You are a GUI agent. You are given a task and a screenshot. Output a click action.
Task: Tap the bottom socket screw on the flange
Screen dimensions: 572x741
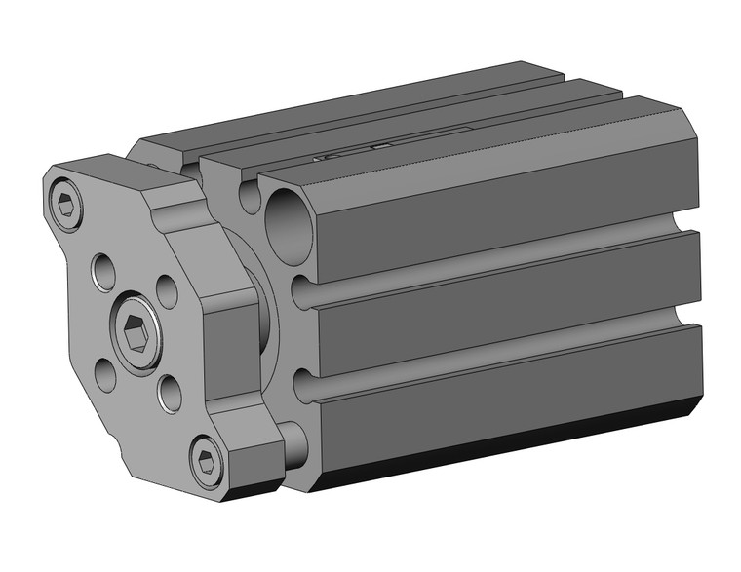point(206,463)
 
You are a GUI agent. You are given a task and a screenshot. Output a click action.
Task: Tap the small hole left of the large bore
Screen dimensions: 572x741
point(250,196)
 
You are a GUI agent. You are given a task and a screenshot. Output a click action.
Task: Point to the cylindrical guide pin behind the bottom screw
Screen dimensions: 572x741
point(295,443)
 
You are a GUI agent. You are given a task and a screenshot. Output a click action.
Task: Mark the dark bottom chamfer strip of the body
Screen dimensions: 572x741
point(507,439)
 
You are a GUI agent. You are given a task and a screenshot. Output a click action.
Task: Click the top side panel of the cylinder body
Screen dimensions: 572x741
point(507,195)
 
